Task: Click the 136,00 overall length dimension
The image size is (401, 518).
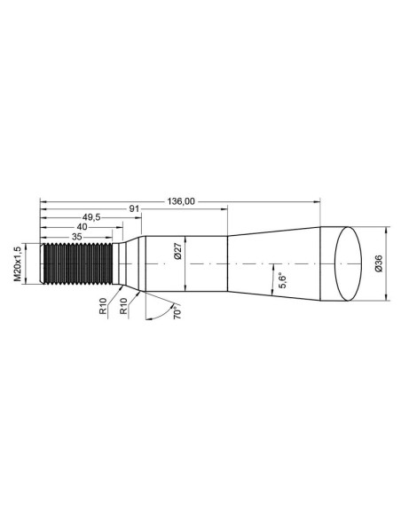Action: (181, 201)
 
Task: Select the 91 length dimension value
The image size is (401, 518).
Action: (135, 209)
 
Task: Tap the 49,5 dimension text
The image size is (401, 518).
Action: (91, 217)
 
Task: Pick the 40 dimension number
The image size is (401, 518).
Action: (82, 227)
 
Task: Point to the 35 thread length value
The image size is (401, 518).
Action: (76, 237)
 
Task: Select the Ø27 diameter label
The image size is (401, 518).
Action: (178, 251)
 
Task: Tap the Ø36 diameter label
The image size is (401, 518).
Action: (379, 263)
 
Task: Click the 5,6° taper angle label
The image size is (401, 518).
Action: (283, 280)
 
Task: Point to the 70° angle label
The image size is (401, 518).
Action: (177, 311)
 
